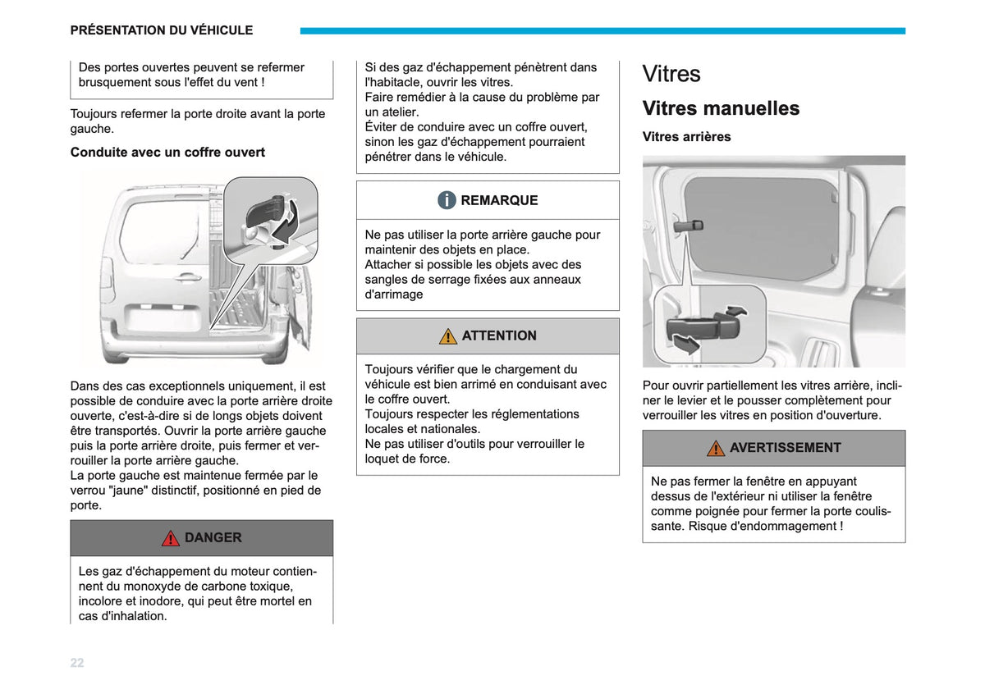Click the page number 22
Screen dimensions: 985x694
pyautogui.click(x=77, y=662)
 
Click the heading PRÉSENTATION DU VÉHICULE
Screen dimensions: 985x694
pyautogui.click(x=162, y=30)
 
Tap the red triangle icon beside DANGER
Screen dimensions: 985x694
pyautogui.click(x=170, y=538)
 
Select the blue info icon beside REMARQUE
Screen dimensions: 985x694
pyautogui.click(x=447, y=200)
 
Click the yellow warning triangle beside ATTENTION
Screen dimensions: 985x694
pyautogui.click(x=447, y=336)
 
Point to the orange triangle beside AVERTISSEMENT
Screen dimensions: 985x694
pyautogui.click(x=716, y=448)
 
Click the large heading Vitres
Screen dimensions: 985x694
pyautogui.click(x=671, y=73)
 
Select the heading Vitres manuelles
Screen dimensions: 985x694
pyautogui.click(x=721, y=108)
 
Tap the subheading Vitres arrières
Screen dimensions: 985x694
pyautogui.click(x=686, y=137)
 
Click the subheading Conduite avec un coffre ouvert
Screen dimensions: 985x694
pyautogui.click(x=167, y=152)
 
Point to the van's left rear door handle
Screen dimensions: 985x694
pyautogui.click(x=187, y=277)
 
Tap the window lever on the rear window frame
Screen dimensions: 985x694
pyautogui.click(x=688, y=226)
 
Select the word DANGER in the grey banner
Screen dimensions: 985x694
pyautogui.click(x=213, y=537)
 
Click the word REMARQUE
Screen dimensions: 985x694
pyautogui.click(x=499, y=200)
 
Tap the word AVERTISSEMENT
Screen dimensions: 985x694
pyautogui.click(x=786, y=448)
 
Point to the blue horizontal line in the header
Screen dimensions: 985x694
pyautogui.click(x=602, y=31)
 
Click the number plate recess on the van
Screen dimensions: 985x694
pyautogui.click(x=162, y=317)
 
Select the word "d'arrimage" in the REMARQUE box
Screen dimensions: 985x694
pyautogui.click(x=393, y=294)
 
